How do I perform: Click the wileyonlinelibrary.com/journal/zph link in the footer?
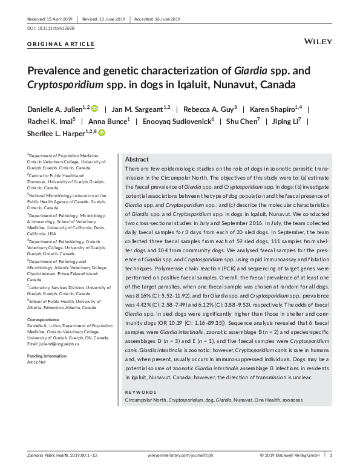tap(182, 454)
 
